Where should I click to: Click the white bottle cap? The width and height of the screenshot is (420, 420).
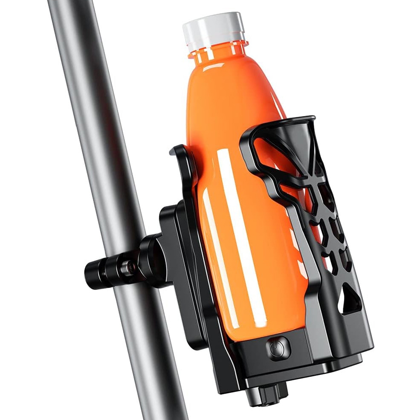click(x=213, y=28)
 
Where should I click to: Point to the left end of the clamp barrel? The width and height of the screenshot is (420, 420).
click(x=90, y=273)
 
